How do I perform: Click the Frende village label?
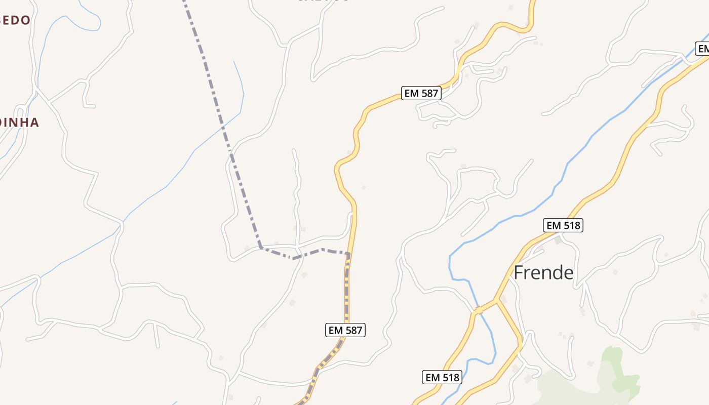(x=543, y=273)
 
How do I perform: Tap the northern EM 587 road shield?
(x=421, y=93)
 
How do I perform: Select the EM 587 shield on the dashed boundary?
(x=345, y=330)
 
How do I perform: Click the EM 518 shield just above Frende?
(x=563, y=225)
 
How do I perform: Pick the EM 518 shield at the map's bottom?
(x=442, y=377)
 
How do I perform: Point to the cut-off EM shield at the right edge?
(x=702, y=49)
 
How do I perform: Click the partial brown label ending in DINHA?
(x=19, y=123)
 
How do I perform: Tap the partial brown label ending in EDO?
(x=15, y=20)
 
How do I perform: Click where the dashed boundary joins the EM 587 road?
(x=348, y=254)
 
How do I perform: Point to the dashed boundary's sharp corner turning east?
(x=260, y=248)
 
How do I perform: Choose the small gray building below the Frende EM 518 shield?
(x=558, y=240)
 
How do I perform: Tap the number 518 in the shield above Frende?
(x=571, y=225)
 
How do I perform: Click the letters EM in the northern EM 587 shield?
(x=412, y=93)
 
